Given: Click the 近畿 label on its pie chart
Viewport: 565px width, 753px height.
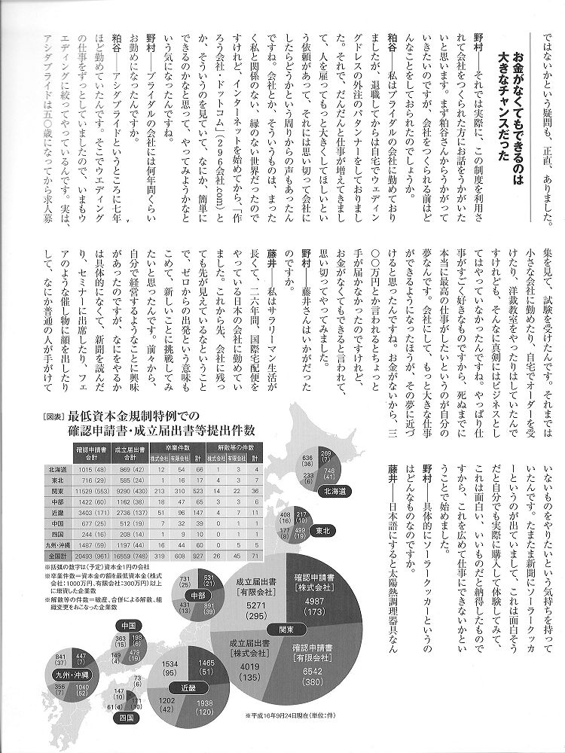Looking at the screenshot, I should click(192, 687).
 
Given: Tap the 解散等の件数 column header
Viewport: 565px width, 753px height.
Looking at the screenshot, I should click(244, 447).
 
